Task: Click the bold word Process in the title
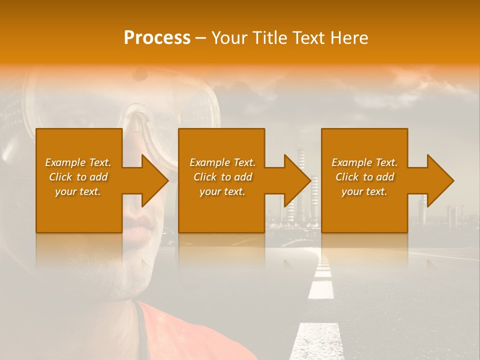(157, 38)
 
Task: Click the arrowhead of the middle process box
(296, 180)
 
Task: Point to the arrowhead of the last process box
(439, 180)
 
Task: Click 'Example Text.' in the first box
(78, 162)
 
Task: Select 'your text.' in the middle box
(222, 191)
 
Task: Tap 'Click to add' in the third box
(364, 177)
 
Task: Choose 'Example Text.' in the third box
(364, 162)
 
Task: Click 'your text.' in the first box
(78, 191)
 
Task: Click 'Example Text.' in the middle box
(222, 162)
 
